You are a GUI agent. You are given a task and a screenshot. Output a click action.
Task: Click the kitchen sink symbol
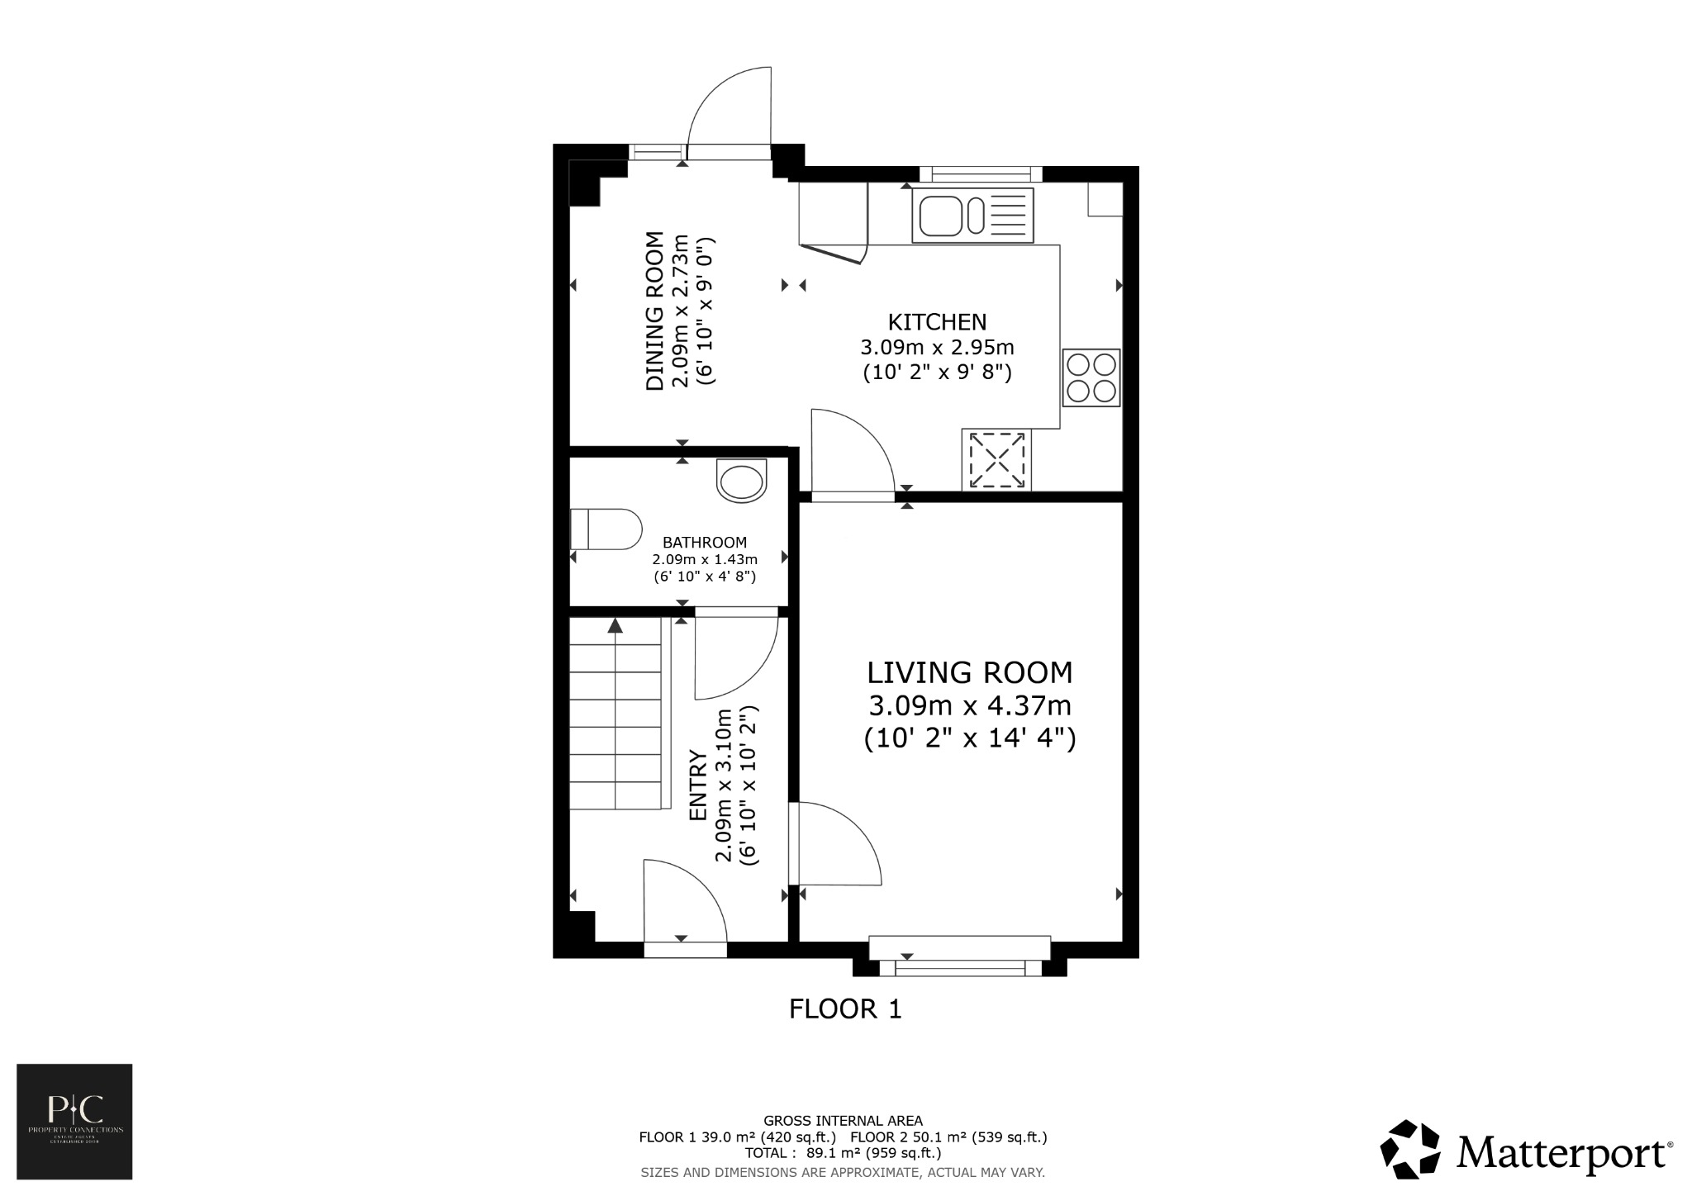coord(972,215)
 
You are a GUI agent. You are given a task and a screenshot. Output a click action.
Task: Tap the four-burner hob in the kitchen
coord(1091,377)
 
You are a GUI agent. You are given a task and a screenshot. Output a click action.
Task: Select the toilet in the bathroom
coord(606,529)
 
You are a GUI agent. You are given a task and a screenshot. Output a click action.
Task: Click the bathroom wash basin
coord(741,481)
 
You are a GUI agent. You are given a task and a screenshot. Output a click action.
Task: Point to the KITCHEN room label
coord(937,321)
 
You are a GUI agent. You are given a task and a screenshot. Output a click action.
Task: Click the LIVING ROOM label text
coord(969,672)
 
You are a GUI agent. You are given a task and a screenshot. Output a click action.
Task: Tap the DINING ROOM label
coord(655,311)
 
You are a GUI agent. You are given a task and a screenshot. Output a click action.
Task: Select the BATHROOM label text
coord(704,543)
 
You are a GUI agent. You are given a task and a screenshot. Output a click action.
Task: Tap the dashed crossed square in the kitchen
coord(996,459)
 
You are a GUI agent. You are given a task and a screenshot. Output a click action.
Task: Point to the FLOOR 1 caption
coord(845,1009)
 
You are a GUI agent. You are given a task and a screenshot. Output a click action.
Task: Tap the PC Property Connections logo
coord(74,1121)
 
